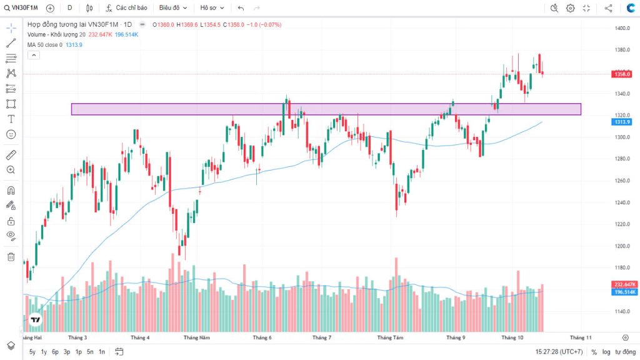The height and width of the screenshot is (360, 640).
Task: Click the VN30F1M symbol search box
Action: click(x=24, y=8)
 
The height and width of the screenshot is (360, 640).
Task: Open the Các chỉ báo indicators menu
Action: click(x=127, y=8)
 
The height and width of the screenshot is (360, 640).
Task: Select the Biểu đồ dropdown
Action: click(x=173, y=8)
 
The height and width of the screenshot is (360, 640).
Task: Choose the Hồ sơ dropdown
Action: click(x=212, y=8)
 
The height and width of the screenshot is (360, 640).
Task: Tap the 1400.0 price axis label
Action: click(x=621, y=29)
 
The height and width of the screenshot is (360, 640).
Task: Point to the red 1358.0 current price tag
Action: click(x=621, y=74)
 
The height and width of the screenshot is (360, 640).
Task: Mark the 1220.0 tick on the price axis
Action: click(x=621, y=224)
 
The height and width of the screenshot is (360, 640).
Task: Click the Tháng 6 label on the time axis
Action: click(x=262, y=337)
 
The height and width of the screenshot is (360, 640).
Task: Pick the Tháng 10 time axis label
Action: click(x=513, y=337)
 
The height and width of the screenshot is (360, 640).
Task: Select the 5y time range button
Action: click(x=32, y=352)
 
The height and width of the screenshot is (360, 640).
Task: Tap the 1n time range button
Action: click(x=102, y=352)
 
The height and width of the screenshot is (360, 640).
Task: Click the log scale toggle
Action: click(x=606, y=352)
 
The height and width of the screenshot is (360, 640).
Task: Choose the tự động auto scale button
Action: click(x=624, y=352)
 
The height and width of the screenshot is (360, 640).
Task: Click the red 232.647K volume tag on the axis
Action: click(x=624, y=284)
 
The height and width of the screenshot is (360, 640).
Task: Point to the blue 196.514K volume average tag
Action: click(x=624, y=292)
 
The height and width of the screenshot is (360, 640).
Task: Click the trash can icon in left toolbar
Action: click(x=11, y=257)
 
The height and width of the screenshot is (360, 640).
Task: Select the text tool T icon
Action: click(x=11, y=119)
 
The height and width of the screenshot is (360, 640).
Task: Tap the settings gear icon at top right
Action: click(x=570, y=8)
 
